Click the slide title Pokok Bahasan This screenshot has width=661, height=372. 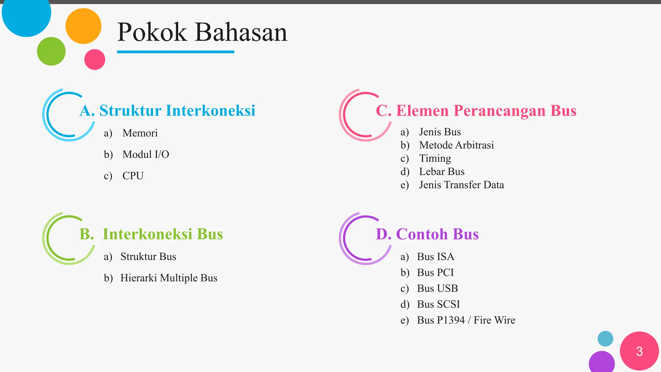(202, 32)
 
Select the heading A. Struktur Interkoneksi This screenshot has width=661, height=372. (167, 110)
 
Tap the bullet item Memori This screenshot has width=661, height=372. (140, 133)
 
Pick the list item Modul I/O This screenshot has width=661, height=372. (146, 154)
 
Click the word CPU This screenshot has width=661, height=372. (133, 176)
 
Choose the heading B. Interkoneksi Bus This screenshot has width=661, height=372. (151, 234)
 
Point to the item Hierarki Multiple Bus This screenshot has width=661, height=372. (168, 278)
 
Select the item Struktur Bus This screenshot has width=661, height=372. (148, 256)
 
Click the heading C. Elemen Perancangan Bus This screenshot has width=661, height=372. (476, 110)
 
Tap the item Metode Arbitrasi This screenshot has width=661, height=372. (456, 145)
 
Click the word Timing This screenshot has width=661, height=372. (435, 158)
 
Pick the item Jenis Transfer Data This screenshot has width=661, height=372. (461, 185)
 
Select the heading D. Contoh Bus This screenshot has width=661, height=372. (427, 234)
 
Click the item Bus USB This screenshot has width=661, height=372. (437, 288)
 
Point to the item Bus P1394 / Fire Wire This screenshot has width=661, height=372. (466, 320)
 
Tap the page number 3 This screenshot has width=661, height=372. (639, 351)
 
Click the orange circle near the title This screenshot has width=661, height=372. (83, 26)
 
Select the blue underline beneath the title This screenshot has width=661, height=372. (175, 52)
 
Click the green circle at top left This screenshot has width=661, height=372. (51, 51)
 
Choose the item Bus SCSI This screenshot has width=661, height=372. (438, 304)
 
